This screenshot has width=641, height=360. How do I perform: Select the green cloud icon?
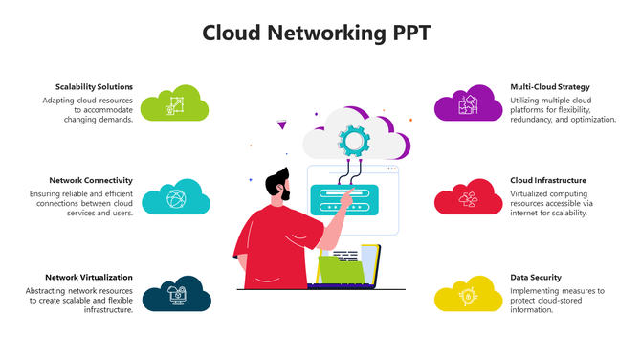[175, 103]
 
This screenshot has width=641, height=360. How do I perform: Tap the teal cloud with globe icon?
[176, 198]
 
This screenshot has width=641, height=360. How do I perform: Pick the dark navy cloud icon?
[176, 294]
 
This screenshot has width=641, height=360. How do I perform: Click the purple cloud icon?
[468, 104]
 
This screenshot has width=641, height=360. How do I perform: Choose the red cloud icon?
[468, 198]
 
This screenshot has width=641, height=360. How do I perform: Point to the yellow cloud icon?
[468, 296]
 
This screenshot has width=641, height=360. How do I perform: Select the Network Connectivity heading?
[91, 180]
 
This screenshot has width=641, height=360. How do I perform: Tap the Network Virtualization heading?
[89, 277]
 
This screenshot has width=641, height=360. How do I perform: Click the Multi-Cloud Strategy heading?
[550, 87]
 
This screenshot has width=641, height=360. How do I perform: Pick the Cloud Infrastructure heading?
[548, 180]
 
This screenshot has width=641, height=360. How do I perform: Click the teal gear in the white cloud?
[352, 140]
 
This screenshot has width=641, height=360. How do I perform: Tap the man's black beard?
[283, 191]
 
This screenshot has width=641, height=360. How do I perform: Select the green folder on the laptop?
[342, 270]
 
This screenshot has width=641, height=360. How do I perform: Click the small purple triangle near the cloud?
[280, 124]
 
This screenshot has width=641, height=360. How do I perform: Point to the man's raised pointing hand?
[337, 212]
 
